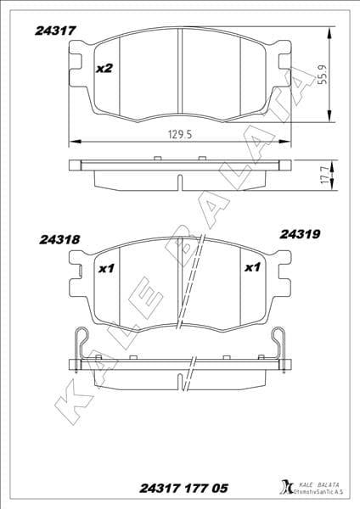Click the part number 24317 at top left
(x=56, y=31)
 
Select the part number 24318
(x=59, y=240)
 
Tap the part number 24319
(x=299, y=232)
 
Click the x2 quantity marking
(x=104, y=67)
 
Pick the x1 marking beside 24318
(x=106, y=269)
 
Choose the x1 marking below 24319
(x=251, y=269)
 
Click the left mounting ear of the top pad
(x=78, y=64)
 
